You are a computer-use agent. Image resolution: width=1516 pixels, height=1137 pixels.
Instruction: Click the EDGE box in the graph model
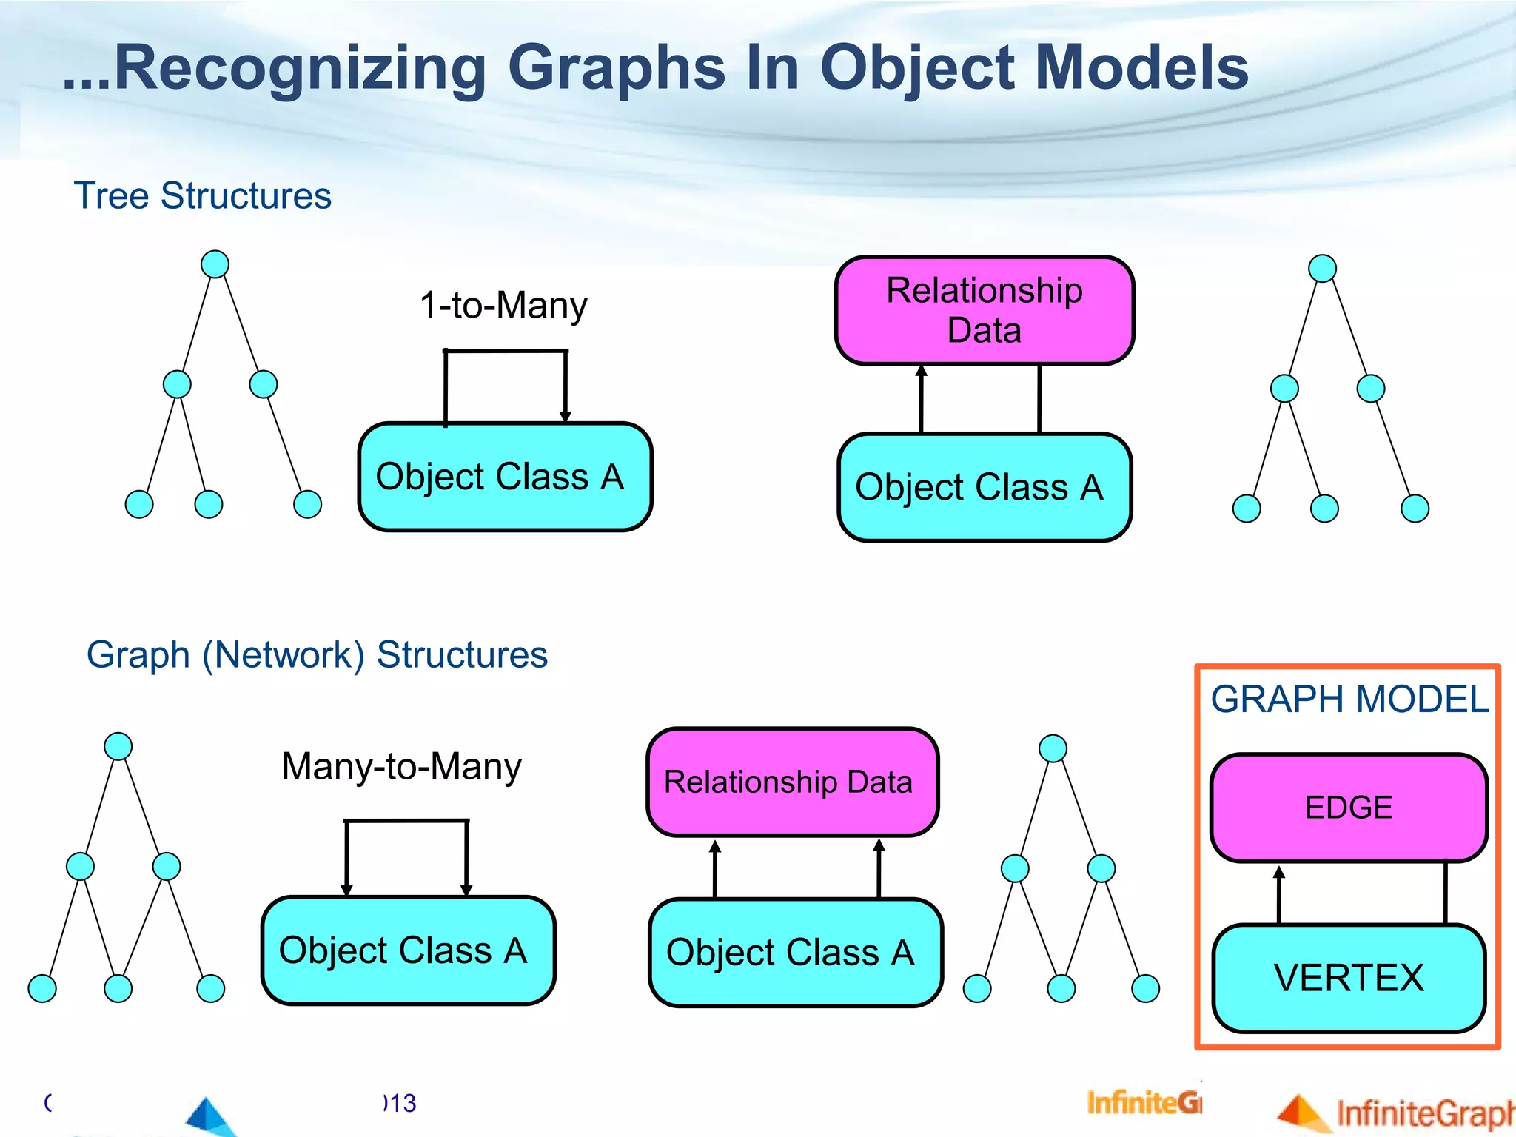tap(1349, 808)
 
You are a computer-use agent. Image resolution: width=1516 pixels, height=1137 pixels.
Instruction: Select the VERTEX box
tap(1349, 978)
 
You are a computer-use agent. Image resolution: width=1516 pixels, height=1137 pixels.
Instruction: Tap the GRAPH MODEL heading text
tap(1349, 700)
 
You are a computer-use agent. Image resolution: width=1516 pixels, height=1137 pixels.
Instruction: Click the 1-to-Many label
tap(503, 305)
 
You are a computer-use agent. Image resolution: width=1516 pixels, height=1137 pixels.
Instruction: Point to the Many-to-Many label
tap(401, 766)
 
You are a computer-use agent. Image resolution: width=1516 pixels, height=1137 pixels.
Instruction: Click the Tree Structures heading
tap(202, 196)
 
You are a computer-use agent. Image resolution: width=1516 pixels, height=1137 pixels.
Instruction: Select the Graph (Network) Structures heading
tap(317, 655)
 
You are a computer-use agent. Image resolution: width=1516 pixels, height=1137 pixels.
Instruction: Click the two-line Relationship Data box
tap(984, 311)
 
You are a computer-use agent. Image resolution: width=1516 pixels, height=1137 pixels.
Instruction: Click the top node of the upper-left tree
tap(215, 264)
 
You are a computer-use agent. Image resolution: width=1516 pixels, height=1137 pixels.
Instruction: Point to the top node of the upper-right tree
tap(1322, 268)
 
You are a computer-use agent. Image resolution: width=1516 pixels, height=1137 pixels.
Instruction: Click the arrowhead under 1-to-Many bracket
tap(566, 417)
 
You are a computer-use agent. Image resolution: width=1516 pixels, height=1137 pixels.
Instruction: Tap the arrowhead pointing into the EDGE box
tap(1279, 873)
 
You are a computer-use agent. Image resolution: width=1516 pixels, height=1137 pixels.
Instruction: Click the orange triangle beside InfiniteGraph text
tap(1301, 1114)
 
